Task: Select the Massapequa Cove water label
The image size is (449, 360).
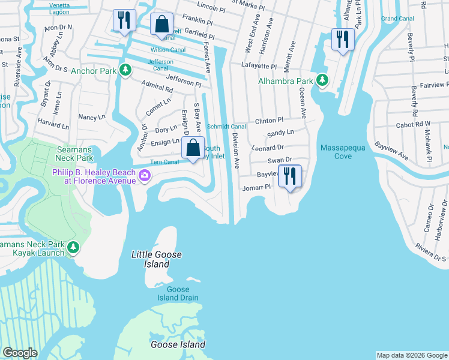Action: (336, 152)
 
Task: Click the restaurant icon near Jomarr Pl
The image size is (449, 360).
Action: (290, 176)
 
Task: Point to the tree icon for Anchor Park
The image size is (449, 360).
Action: (125, 71)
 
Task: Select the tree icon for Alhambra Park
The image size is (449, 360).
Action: (322, 80)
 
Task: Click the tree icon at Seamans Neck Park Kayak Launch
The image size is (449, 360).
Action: (73, 247)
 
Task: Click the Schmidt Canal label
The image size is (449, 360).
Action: (226, 127)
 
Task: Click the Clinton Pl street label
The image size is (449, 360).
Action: (268, 121)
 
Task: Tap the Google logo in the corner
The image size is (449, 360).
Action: (20, 353)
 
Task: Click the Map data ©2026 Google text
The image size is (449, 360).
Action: (411, 355)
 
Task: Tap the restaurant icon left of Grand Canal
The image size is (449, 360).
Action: (342, 40)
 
